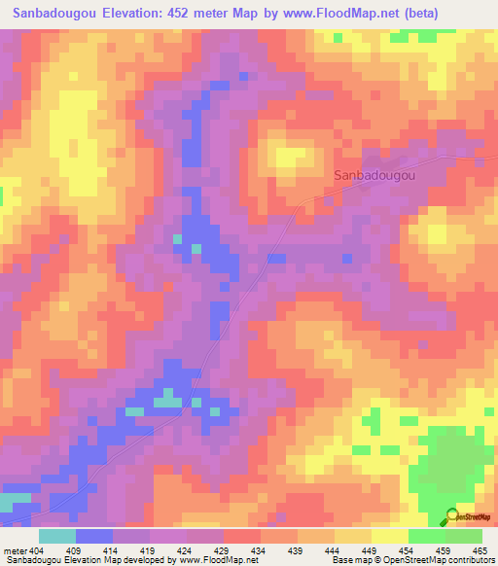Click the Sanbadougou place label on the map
coord(374,176)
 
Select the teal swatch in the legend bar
coord(57,535)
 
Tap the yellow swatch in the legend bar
coord(390,535)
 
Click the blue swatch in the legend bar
coord(94,535)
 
